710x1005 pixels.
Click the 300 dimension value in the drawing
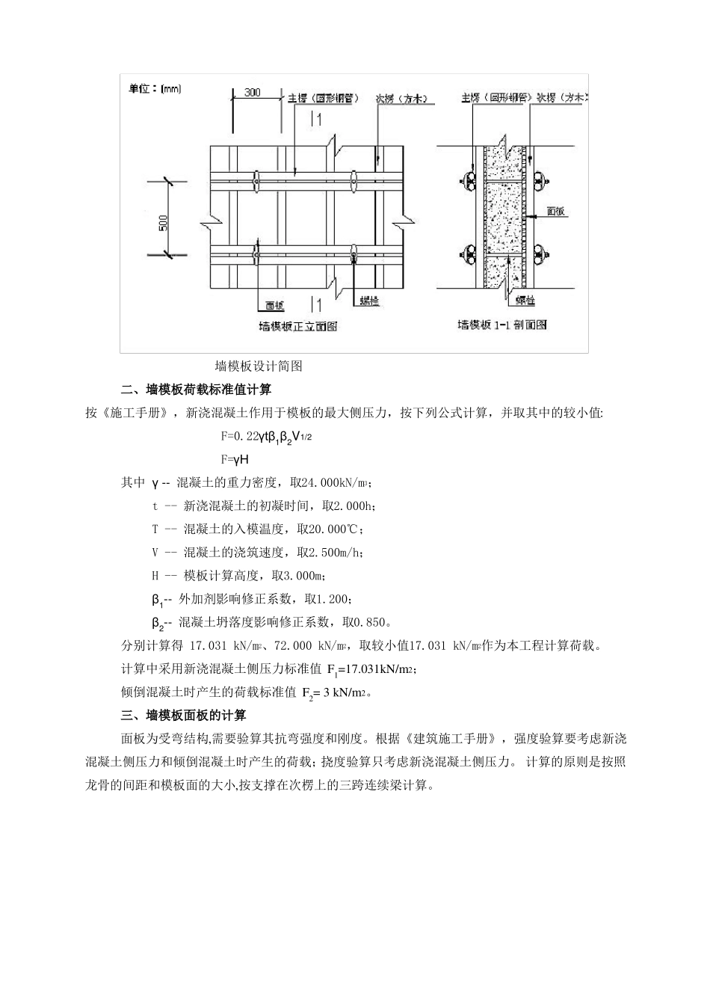point(253,92)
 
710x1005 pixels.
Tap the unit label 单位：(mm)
point(155,89)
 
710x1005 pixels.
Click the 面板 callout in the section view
point(556,212)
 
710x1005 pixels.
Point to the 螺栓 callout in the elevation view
point(368,301)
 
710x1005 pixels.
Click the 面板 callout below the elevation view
point(274,305)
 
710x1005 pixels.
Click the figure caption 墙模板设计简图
point(259,366)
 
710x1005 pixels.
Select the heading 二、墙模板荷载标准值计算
point(197,390)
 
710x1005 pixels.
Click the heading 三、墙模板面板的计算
point(184,716)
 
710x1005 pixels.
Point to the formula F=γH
point(235,460)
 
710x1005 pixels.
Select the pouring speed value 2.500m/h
point(331,553)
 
